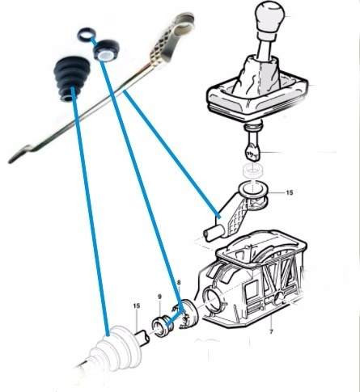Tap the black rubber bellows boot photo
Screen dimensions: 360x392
click(71, 78)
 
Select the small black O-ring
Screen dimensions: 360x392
click(87, 35)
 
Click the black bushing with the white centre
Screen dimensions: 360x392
click(107, 50)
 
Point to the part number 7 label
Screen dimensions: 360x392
click(271, 331)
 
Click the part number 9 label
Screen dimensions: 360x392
click(159, 297)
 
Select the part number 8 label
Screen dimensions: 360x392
click(178, 283)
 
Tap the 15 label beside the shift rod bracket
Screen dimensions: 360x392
click(289, 192)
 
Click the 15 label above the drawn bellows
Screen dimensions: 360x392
click(137, 306)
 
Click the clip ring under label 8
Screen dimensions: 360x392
click(186, 314)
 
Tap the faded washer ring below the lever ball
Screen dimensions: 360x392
click(252, 171)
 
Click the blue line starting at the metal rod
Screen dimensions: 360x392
click(172, 154)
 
